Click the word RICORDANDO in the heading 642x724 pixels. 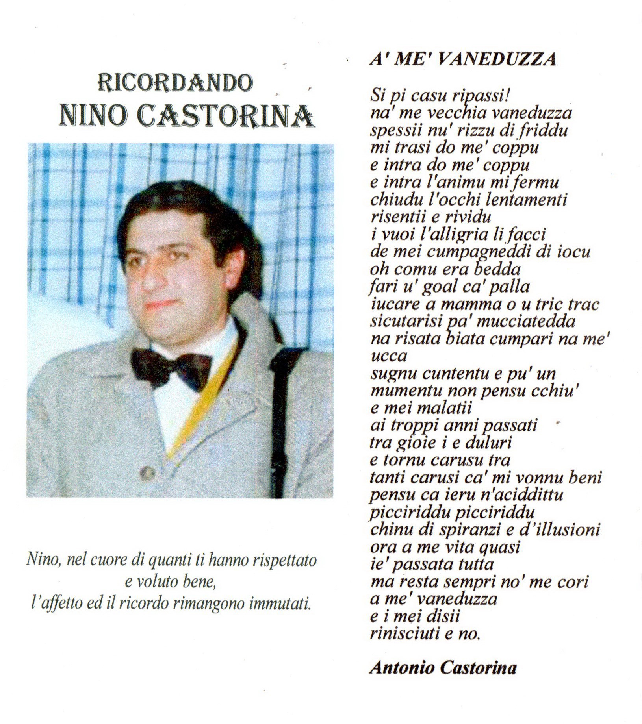175,83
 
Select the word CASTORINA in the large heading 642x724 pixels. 226,116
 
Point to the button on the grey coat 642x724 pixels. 147,471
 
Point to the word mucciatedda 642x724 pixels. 526,322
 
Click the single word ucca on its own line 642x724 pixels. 383,357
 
